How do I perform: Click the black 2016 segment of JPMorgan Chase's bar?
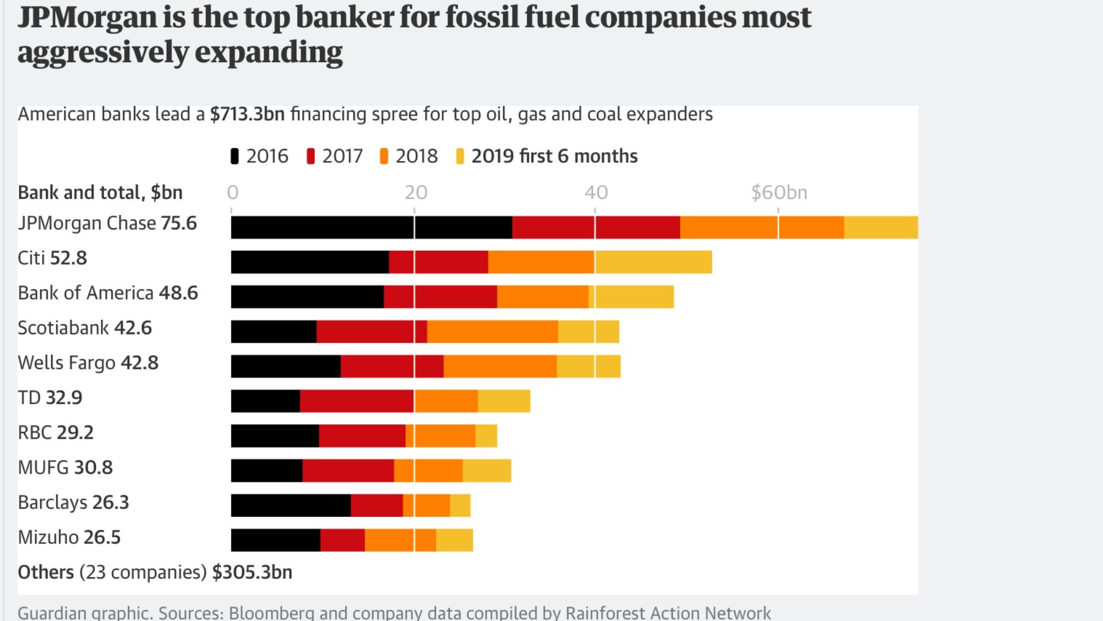pos(371,228)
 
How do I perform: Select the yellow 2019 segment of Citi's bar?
pos(653,262)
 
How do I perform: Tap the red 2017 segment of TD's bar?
pos(356,401)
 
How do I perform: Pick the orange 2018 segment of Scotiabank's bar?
pos(492,331)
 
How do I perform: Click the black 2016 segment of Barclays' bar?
pos(291,505)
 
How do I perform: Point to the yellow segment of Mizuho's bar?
pos(454,540)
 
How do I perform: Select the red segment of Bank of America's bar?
pos(440,297)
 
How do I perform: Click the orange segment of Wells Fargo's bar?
pos(500,366)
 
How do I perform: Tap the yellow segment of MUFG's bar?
pos(487,470)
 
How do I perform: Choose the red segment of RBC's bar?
pos(362,436)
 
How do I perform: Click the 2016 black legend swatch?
pos(234,156)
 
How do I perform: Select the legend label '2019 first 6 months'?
pos(554,156)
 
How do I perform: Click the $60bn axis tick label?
pos(779,193)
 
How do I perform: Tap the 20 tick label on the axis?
pos(415,193)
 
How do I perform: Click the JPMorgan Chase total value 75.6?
pos(179,223)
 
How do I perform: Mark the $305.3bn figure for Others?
pos(252,572)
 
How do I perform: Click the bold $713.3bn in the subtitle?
pos(247,114)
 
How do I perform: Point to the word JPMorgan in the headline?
pos(87,17)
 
